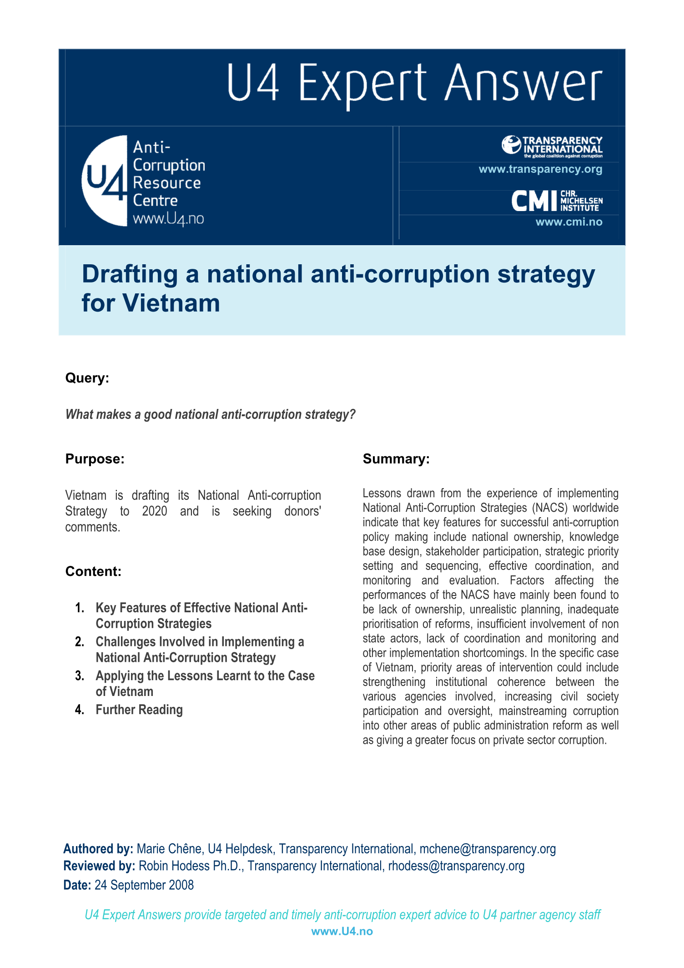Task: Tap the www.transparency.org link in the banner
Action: click(x=540, y=169)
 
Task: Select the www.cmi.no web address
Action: click(x=568, y=222)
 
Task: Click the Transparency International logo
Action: click(x=552, y=146)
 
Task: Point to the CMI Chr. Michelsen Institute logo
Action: click(x=557, y=201)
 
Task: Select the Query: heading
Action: click(x=87, y=378)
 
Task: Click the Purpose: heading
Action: click(x=95, y=459)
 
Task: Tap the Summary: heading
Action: click(x=396, y=459)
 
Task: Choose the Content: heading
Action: click(x=93, y=571)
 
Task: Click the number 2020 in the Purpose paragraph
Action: click(x=155, y=511)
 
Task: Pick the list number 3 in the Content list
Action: click(x=80, y=676)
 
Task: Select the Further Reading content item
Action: click(x=139, y=710)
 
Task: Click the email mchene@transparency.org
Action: click(x=488, y=849)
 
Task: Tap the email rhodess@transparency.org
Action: click(x=456, y=866)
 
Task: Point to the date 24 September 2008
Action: click(x=144, y=885)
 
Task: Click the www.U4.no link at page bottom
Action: click(x=342, y=932)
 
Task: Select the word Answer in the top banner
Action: click(x=523, y=83)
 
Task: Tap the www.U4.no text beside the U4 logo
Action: click(x=168, y=219)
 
